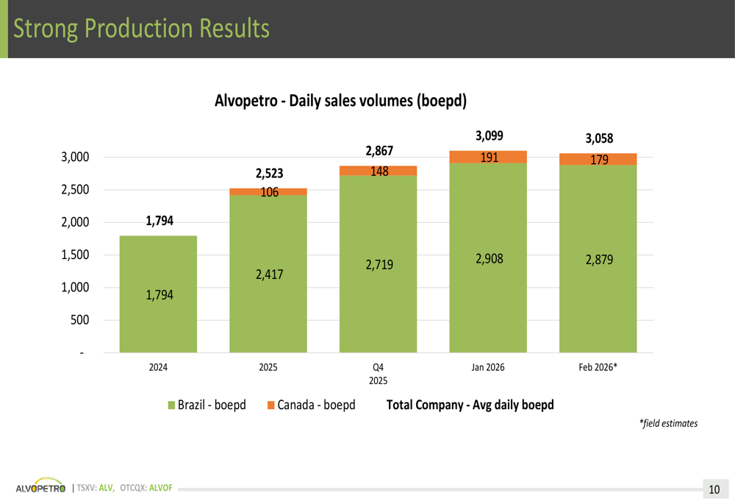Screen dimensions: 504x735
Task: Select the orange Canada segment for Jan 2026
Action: [488, 157]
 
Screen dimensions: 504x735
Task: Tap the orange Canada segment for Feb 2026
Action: [598, 159]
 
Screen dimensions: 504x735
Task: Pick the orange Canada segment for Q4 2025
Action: [378, 171]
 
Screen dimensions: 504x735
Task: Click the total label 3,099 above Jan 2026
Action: [490, 135]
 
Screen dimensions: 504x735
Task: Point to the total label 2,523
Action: [269, 174]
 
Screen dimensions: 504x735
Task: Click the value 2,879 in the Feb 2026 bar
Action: [599, 260]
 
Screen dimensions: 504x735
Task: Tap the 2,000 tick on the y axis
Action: [73, 222]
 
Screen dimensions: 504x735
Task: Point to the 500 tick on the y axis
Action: [79, 320]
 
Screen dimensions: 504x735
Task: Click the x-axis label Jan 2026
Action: [488, 367]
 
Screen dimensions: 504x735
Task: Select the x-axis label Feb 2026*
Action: [598, 367]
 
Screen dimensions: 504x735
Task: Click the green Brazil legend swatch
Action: [172, 405]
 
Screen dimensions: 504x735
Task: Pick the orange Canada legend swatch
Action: [271, 405]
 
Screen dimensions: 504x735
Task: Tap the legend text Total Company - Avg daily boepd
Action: [470, 405]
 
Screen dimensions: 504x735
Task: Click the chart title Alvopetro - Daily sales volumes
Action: [340, 101]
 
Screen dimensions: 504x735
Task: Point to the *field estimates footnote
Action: [668, 423]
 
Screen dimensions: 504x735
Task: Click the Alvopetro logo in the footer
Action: [40, 488]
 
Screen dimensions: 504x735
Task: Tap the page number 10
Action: [714, 489]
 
